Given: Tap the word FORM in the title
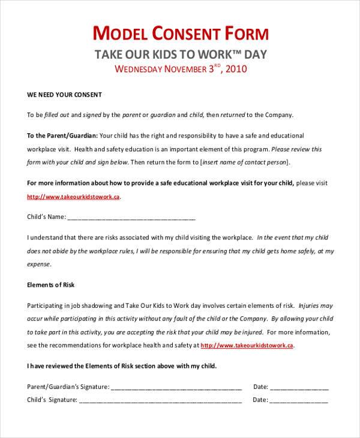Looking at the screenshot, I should click(x=246, y=32).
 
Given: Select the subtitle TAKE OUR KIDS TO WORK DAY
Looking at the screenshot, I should click(x=181, y=54).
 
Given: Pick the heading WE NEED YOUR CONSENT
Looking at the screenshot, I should click(x=65, y=95).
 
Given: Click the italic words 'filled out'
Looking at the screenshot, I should click(x=57, y=115).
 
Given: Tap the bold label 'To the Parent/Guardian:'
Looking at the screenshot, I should click(x=62, y=135).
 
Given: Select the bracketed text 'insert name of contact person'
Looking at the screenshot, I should click(x=245, y=161).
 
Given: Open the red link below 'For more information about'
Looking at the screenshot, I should click(x=74, y=196).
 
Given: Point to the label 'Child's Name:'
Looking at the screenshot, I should click(x=46, y=217).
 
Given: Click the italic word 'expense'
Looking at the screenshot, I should click(x=39, y=263).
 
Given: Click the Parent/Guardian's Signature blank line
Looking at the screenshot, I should click(x=176, y=387).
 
